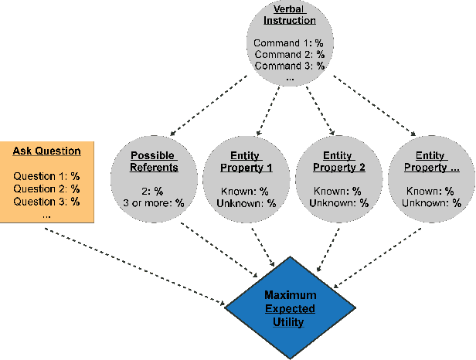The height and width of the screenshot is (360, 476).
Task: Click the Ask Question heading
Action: [x=46, y=151]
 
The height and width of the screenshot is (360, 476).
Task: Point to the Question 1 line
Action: [x=46, y=176]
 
